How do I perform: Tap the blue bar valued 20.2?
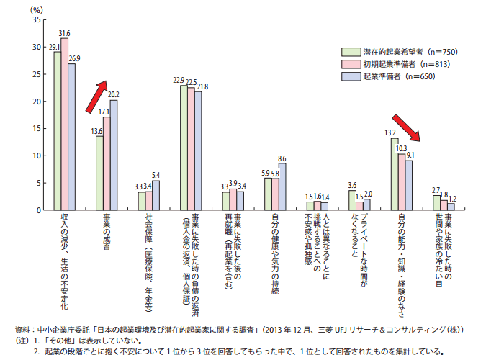click(113, 155)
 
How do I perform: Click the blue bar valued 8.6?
click(282, 186)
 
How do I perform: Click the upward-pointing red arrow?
click(96, 96)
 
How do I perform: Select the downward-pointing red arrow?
click(406, 128)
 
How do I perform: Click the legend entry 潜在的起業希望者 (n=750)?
click(400, 52)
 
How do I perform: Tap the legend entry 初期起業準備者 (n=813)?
click(400, 64)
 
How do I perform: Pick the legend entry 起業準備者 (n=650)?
click(400, 76)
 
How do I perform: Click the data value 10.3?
click(402, 148)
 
